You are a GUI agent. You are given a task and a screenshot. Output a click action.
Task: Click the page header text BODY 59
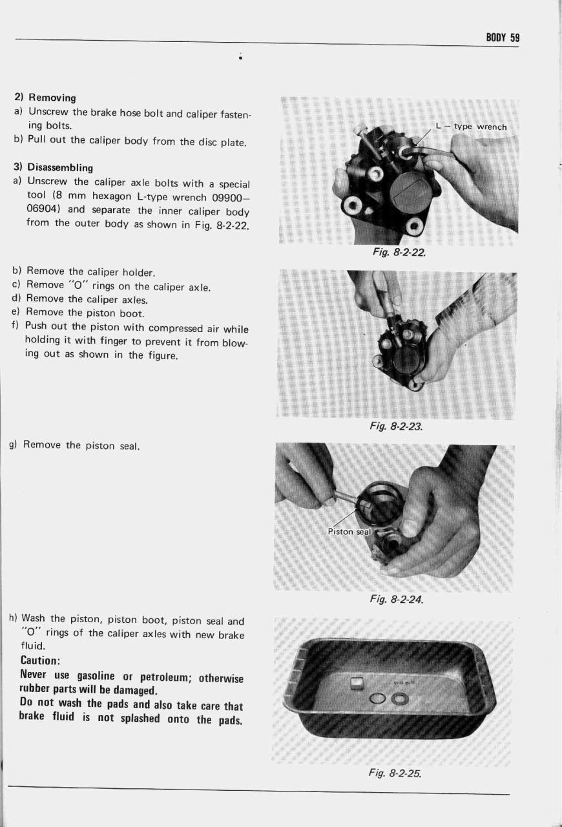503,37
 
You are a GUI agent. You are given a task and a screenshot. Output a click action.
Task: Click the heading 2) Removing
45,98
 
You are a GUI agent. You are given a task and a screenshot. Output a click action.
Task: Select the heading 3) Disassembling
54,168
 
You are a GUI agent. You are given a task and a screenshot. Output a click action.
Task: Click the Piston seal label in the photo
349,532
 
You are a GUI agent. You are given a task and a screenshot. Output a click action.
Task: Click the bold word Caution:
41,661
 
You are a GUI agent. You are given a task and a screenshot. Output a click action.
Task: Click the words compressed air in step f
184,330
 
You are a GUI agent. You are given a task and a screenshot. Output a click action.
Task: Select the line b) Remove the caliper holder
81,271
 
